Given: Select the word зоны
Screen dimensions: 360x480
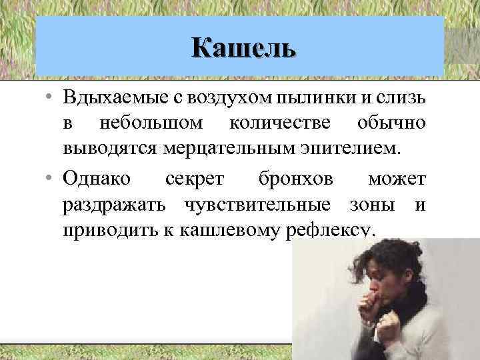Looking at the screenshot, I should [376, 205].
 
